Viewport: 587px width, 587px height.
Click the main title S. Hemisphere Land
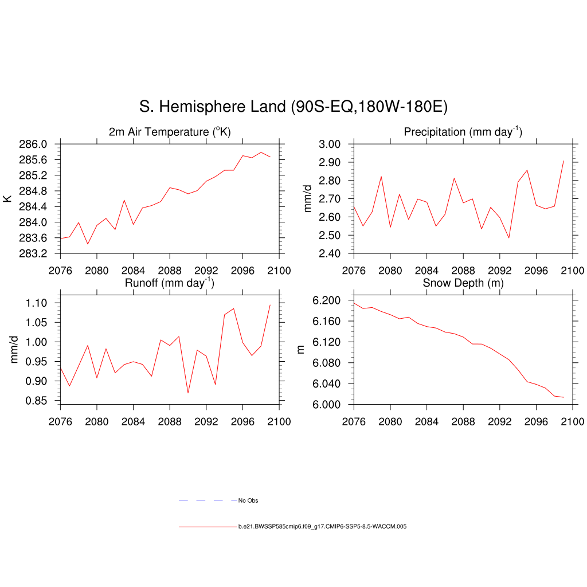[x=293, y=107]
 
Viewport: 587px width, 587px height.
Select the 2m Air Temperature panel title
[x=170, y=132]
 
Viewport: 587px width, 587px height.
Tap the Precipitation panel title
[x=463, y=132]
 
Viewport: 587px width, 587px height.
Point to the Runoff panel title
[x=170, y=283]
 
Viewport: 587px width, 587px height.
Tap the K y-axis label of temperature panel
[x=7, y=199]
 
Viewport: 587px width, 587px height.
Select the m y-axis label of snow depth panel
[x=300, y=350]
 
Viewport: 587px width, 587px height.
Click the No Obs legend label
[x=248, y=501]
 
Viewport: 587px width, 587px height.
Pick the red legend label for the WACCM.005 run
[x=322, y=526]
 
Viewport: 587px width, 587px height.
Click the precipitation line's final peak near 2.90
[x=563, y=161]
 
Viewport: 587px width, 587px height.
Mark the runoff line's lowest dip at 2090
[x=188, y=393]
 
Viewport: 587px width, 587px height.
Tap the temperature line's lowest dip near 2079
[x=88, y=244]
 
